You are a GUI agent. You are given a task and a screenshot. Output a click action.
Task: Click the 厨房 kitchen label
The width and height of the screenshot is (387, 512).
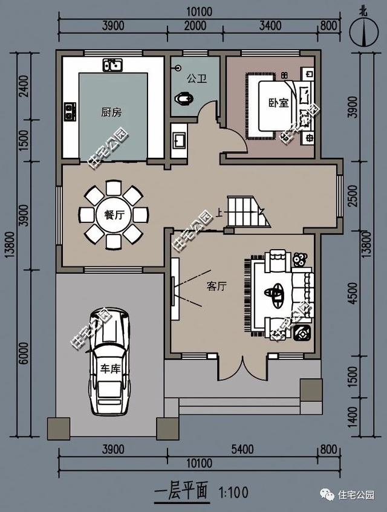click(x=111, y=112)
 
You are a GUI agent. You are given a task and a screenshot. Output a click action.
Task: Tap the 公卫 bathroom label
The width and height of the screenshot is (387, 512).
click(x=197, y=79)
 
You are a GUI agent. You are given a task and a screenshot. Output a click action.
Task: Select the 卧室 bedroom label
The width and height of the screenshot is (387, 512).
click(x=279, y=103)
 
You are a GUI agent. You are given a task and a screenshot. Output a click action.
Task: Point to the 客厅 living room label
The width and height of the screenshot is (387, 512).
click(x=216, y=287)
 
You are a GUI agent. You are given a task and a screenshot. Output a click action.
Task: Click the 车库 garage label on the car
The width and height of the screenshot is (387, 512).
click(x=111, y=369)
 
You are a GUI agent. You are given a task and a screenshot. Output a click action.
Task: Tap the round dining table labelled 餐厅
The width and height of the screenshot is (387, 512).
click(x=114, y=215)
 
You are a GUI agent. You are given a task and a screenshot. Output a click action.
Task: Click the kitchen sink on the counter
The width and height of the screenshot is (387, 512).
click(x=112, y=65)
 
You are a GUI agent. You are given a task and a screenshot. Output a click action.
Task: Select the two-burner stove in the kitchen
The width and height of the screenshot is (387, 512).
click(x=70, y=112)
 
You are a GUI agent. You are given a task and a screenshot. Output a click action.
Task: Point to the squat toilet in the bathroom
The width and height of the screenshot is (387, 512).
click(x=184, y=99)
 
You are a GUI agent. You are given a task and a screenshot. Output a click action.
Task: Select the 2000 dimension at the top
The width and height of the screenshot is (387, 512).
click(x=195, y=26)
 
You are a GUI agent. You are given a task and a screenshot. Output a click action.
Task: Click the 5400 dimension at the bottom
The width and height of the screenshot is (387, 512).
click(x=242, y=449)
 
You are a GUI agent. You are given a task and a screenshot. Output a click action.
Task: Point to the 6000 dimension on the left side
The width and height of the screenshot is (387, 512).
click(x=24, y=353)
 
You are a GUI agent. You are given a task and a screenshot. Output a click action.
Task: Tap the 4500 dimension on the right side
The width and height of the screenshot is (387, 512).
click(x=353, y=293)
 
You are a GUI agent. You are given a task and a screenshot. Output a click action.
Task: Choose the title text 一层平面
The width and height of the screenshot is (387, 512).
click(x=181, y=491)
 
